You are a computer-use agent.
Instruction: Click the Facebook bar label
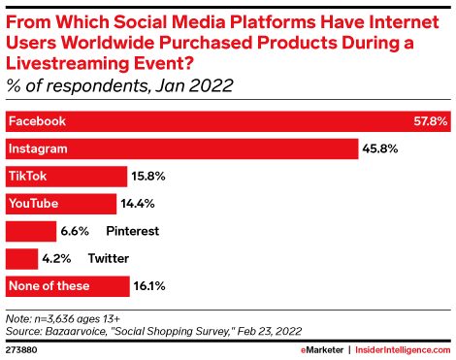click(37, 121)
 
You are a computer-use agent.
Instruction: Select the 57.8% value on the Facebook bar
click(429, 121)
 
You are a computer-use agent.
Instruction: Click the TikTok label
click(28, 177)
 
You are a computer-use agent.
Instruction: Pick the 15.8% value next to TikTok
click(150, 177)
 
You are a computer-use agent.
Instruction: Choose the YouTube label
click(34, 204)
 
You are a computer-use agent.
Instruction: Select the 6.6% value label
click(75, 231)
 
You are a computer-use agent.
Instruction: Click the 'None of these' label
click(49, 286)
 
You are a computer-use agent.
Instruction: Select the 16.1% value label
click(150, 286)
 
